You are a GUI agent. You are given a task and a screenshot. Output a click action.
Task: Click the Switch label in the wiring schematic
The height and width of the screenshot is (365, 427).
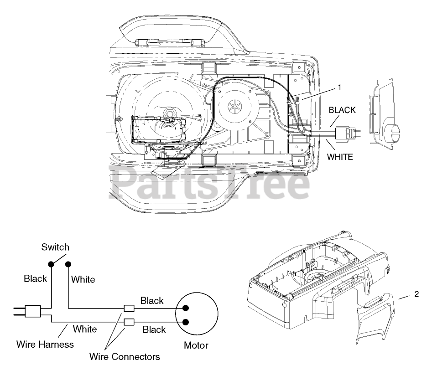[55, 247]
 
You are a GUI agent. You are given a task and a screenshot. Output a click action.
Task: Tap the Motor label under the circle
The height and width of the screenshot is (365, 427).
[196, 345]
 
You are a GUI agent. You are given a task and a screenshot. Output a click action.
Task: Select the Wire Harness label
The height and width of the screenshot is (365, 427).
[45, 344]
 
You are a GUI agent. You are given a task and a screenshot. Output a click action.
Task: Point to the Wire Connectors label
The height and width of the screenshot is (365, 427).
[125, 356]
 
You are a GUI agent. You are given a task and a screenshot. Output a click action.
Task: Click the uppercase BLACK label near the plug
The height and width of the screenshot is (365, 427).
[342, 110]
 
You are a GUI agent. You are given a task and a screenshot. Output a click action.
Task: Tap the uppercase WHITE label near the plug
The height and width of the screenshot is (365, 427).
[340, 157]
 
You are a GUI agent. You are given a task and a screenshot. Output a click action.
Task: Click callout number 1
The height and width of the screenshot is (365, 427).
[339, 87]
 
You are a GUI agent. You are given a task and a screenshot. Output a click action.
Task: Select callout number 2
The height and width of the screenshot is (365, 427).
[417, 294]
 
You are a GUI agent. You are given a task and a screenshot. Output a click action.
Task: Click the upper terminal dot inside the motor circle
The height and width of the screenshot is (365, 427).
[186, 308]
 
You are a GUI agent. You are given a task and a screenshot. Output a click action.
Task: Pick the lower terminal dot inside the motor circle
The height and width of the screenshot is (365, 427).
[186, 322]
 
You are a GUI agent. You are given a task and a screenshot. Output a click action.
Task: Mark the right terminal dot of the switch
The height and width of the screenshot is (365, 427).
[68, 264]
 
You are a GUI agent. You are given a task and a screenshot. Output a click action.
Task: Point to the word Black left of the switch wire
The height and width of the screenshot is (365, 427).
[36, 279]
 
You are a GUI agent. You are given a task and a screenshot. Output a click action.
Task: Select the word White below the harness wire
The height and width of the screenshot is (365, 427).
[85, 329]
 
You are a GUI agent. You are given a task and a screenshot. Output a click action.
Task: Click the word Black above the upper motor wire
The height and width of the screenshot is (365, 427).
[152, 301]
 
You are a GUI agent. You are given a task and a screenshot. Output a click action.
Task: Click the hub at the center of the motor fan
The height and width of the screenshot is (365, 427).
[234, 108]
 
